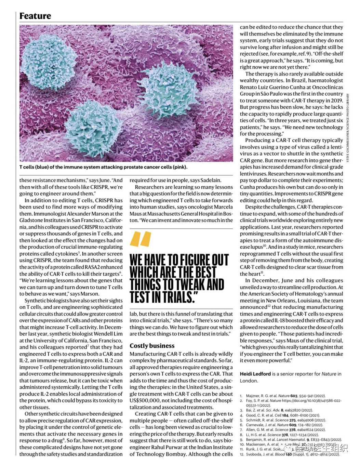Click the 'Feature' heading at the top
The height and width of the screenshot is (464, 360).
[x=35, y=16]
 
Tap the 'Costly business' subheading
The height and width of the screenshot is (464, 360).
[x=152, y=346]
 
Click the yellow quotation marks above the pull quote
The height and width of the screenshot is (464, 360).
[x=140, y=239]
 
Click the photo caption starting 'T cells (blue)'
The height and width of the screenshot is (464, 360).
[x=103, y=167]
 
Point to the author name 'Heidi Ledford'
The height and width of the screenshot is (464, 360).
[x=255, y=374]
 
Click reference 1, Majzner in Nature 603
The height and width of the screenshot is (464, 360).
[x=286, y=396]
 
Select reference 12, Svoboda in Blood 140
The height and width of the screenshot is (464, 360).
[x=293, y=454]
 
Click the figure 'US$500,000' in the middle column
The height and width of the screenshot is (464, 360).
[x=145, y=400]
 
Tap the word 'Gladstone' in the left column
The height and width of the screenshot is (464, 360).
[x=31, y=220]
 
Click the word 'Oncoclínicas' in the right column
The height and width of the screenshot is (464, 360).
[x=327, y=87]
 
